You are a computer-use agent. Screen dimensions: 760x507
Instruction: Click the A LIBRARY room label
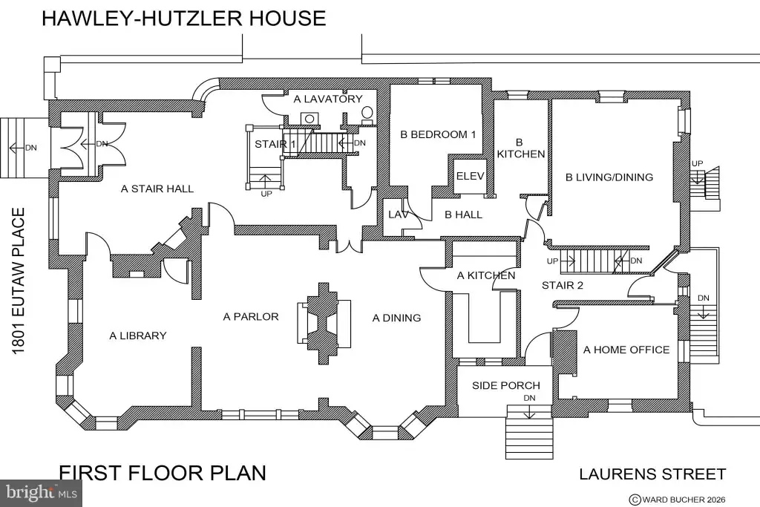click(x=137, y=336)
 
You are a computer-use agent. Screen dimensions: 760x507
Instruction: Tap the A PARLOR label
click(x=251, y=316)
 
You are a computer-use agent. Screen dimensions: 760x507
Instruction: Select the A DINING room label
click(x=396, y=318)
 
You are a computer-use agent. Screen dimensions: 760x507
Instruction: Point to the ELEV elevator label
click(x=470, y=176)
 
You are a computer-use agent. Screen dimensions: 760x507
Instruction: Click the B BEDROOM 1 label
click(x=438, y=134)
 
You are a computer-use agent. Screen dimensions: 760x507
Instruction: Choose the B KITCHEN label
click(x=520, y=148)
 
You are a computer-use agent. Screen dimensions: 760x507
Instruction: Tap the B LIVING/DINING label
click(x=609, y=177)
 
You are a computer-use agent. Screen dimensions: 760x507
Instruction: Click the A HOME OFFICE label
click(x=626, y=350)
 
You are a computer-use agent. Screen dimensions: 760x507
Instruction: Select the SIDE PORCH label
click(x=506, y=385)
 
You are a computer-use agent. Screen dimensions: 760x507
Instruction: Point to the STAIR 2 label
click(x=563, y=286)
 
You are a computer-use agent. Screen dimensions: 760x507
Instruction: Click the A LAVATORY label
click(x=328, y=99)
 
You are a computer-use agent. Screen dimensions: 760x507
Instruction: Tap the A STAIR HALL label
click(x=157, y=189)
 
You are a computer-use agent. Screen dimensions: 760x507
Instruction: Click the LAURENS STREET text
click(x=653, y=474)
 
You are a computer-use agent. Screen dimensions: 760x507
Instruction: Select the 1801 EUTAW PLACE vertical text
click(x=19, y=281)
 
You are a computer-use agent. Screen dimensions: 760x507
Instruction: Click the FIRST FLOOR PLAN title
click(x=163, y=473)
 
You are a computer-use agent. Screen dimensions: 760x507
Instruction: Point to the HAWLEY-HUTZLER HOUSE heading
click(x=184, y=18)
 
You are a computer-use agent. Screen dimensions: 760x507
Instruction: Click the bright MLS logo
click(x=42, y=493)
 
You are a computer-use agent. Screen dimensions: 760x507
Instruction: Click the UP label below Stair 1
click(x=266, y=194)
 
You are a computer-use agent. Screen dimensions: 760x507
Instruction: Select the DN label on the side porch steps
click(x=529, y=398)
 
